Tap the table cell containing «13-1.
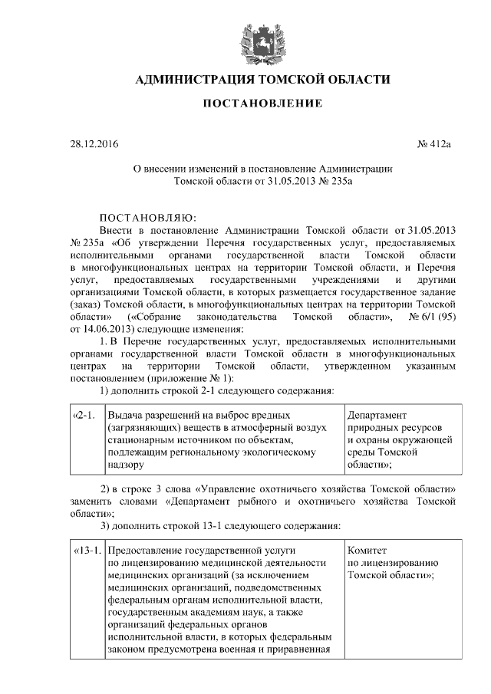[86, 550]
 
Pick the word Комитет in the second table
[367, 550]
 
